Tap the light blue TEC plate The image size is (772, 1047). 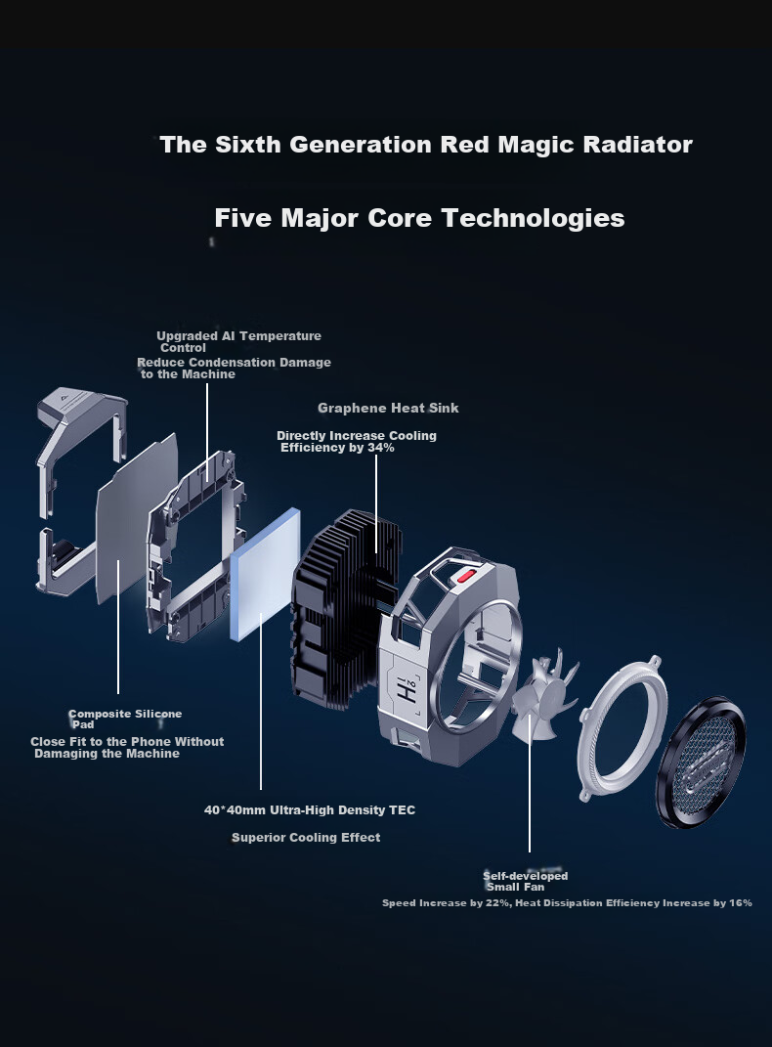point(265,574)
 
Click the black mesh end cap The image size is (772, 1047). point(701,762)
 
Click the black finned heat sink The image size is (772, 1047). point(345,609)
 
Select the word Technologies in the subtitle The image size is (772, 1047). point(534,218)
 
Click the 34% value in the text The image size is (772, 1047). point(380,448)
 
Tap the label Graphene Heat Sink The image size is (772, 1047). point(388,408)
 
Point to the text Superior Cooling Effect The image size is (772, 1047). point(306,838)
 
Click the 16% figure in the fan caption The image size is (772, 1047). point(740,902)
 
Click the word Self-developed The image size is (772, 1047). point(525,875)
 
